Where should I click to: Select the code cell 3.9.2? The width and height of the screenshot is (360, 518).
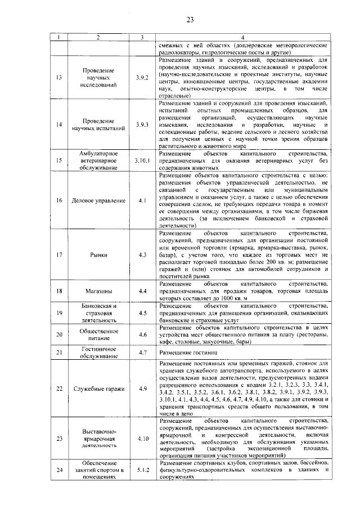[142, 78]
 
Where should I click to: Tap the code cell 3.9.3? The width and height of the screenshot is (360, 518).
[142, 124]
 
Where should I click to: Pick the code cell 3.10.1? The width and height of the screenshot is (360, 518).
[142, 160]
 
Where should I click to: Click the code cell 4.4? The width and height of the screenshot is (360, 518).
[142, 291]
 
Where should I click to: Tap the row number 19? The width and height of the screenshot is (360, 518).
[59, 313]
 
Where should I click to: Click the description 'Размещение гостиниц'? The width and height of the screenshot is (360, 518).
[186, 352]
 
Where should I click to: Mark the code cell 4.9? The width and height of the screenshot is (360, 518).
[142, 389]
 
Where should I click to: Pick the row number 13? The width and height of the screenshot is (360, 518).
[59, 78]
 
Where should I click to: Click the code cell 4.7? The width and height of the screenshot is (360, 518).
[142, 352]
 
